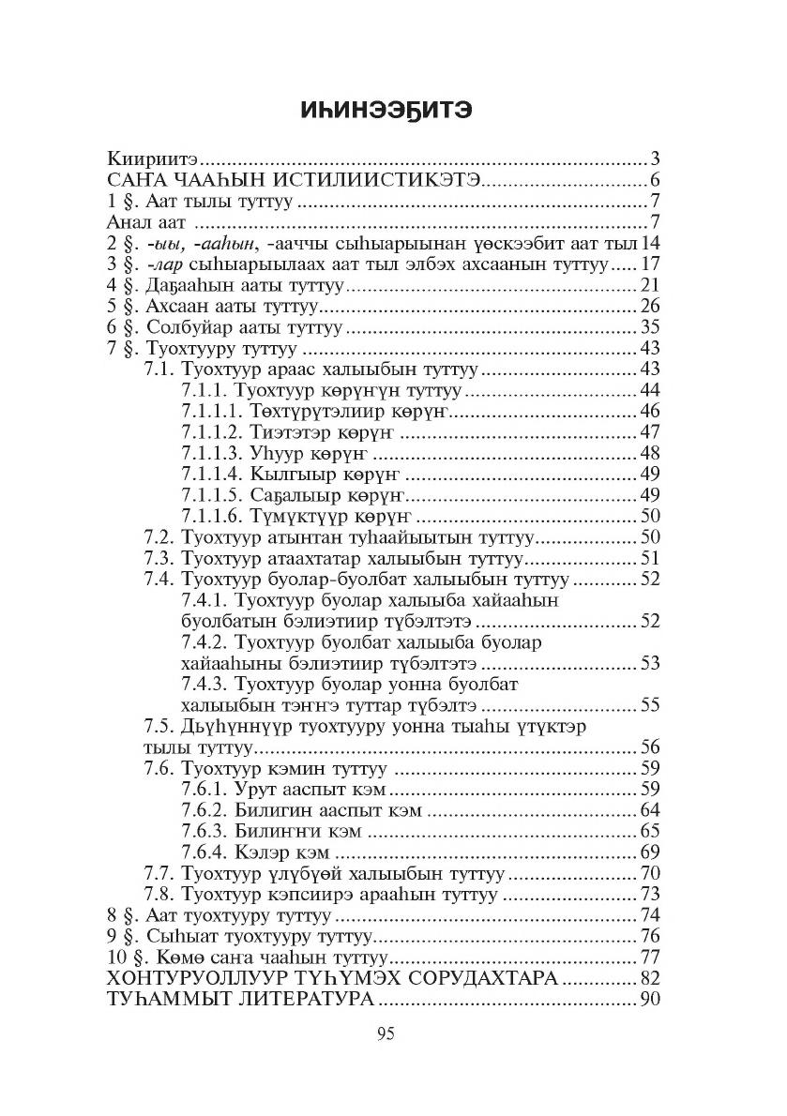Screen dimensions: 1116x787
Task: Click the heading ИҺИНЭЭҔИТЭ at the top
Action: tap(392, 110)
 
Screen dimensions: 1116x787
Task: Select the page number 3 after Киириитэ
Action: tap(656, 157)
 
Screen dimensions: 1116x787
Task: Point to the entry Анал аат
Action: tap(144, 222)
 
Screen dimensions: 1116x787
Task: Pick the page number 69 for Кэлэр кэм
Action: tap(651, 852)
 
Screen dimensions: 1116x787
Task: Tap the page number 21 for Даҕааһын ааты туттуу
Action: tap(651, 286)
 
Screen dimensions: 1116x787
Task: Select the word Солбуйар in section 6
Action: tap(176, 328)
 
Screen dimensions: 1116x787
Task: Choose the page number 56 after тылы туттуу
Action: tap(651, 747)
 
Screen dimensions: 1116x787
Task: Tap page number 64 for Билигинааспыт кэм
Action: tap(651, 810)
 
